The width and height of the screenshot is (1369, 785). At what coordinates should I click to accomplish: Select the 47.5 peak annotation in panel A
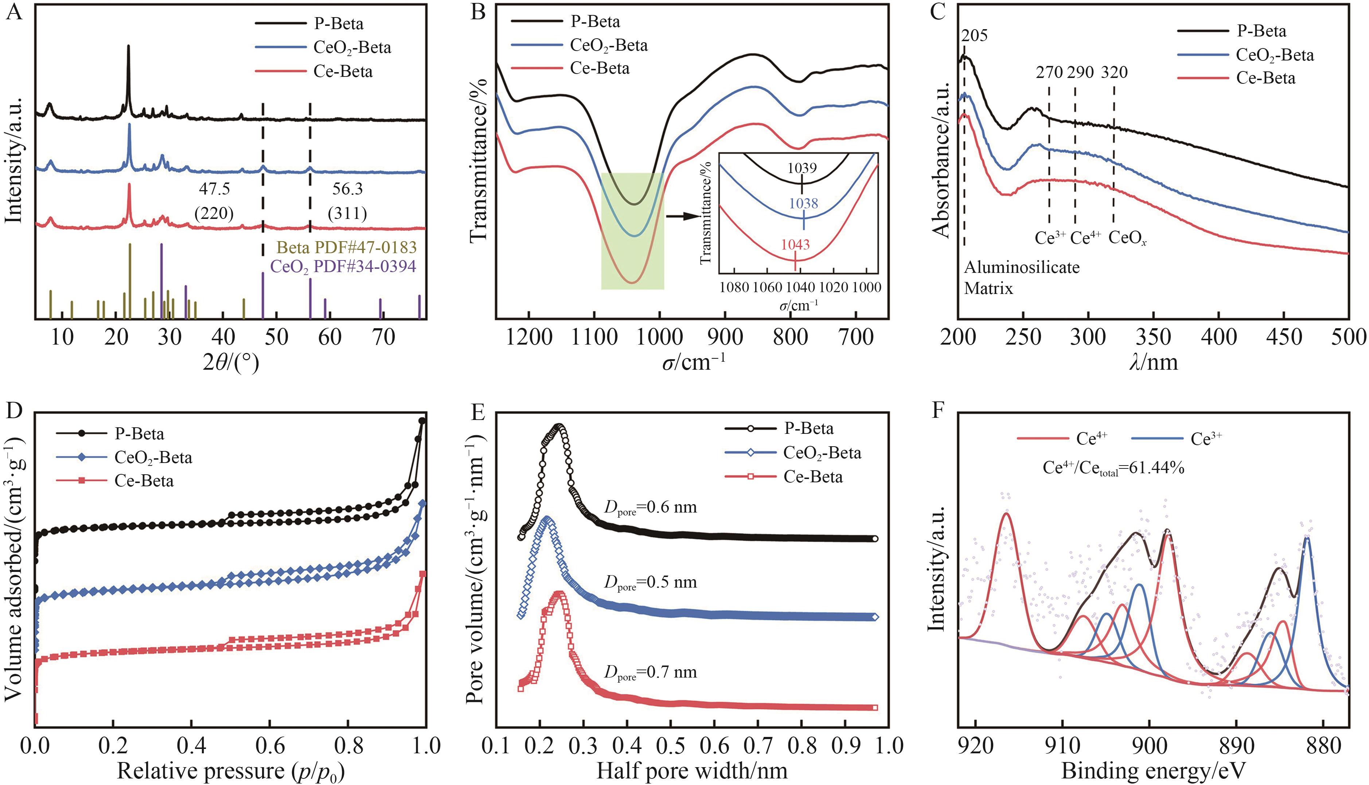214,189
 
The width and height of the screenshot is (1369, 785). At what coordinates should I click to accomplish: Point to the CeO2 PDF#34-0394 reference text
343,266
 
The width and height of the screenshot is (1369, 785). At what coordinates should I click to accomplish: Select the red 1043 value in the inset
795,245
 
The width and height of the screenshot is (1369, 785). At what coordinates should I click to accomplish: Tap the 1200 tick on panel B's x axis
529,338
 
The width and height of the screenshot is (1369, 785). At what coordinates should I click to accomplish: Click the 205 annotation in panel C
974,36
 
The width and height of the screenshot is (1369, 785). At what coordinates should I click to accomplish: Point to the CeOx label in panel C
1127,238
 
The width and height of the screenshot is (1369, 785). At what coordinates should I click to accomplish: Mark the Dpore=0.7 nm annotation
650,672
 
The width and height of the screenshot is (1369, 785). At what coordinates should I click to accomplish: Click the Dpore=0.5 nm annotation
650,582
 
